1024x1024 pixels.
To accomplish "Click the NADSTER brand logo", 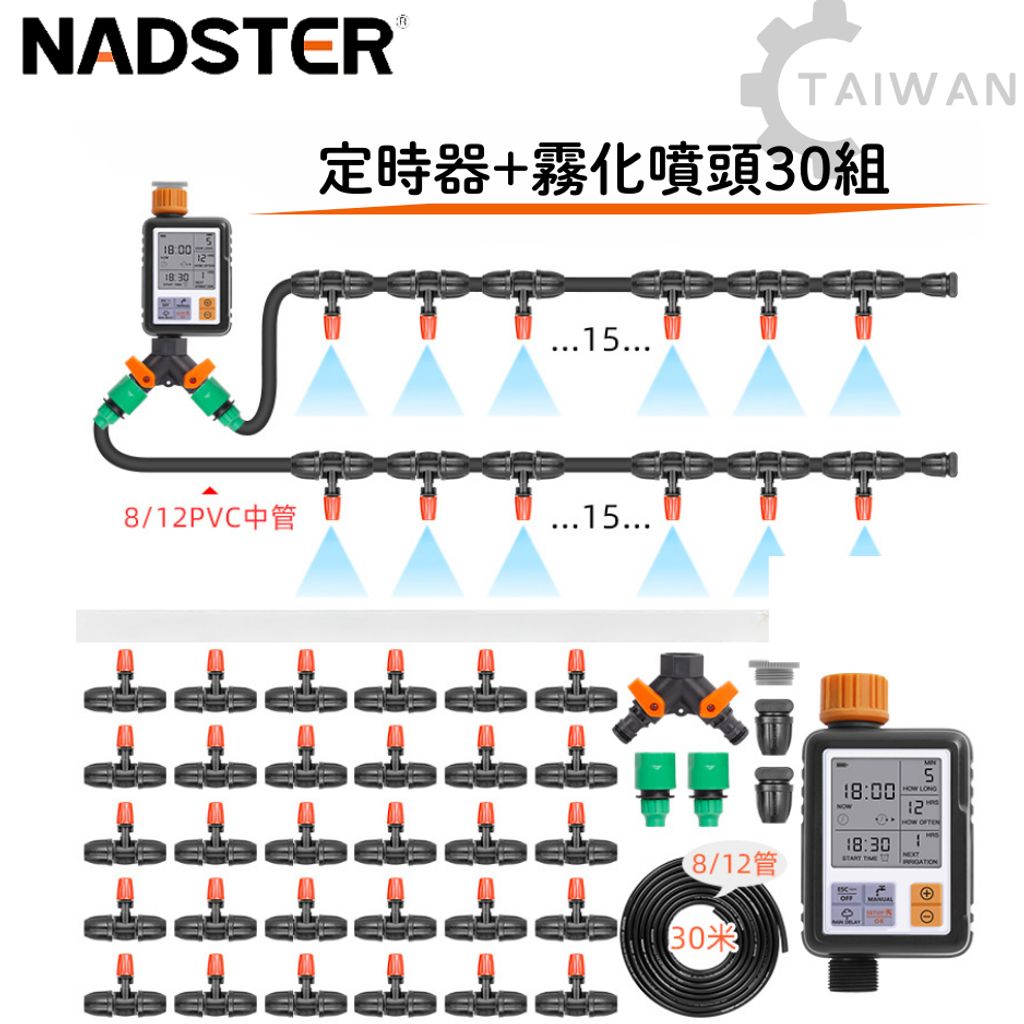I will point(208,46).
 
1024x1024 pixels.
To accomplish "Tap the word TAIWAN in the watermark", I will point(908,92).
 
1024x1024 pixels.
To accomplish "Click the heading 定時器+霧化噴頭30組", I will point(603,171).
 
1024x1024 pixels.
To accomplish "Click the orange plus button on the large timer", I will point(927,893).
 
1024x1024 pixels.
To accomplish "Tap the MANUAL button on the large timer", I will point(881,893).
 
